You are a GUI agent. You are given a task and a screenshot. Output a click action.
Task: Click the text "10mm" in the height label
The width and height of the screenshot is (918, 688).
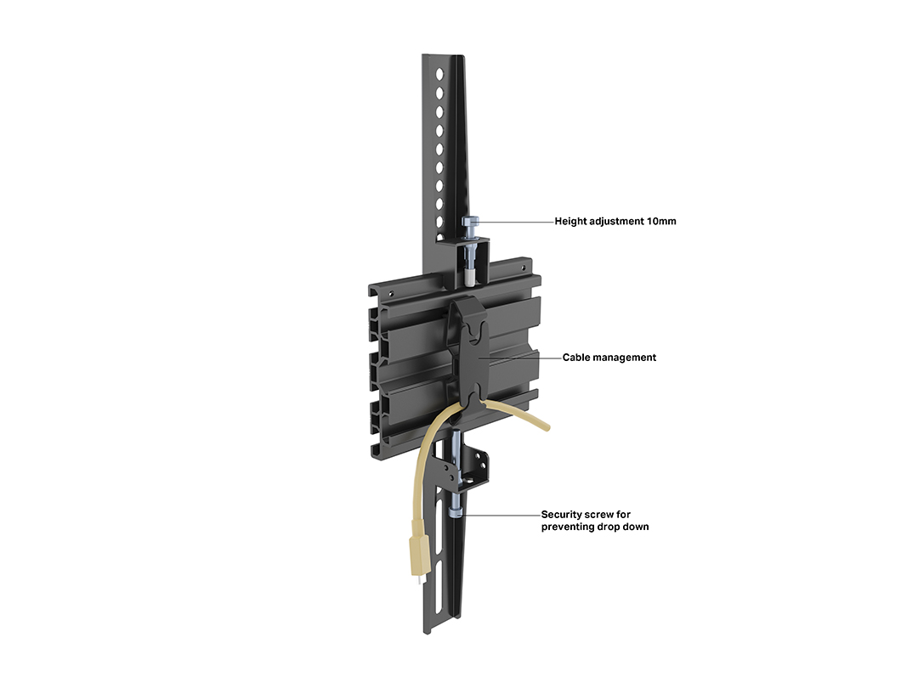(x=661, y=221)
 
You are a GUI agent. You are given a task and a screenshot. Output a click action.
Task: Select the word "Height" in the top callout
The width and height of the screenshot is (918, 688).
(x=570, y=222)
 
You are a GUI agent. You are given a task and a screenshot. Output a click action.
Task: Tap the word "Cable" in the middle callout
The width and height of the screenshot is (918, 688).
(x=576, y=358)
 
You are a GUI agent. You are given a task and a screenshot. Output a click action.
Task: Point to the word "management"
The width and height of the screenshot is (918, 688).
(x=625, y=358)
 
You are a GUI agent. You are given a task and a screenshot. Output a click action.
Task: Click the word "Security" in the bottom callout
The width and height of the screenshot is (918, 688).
(x=562, y=515)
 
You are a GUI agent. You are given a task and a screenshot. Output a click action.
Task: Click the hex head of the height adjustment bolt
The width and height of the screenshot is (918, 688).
(x=471, y=221)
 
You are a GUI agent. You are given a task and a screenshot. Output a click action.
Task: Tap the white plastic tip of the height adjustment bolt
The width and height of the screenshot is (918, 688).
(x=470, y=277)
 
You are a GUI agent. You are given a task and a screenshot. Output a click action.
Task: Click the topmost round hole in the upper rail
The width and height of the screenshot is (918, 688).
(x=439, y=74)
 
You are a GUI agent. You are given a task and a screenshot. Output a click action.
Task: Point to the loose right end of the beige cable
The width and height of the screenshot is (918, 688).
(x=547, y=427)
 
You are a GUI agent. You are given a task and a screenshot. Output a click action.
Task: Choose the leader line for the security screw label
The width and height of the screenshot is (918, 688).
(x=501, y=515)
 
